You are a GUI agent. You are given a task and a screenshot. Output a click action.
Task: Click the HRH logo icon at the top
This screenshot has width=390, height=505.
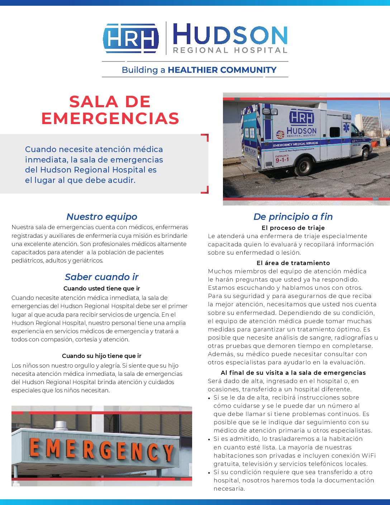point(130,38)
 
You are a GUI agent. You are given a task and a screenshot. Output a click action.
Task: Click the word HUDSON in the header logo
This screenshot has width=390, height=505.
point(230,35)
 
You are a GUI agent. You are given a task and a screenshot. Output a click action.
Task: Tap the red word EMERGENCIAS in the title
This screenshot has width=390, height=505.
point(110,118)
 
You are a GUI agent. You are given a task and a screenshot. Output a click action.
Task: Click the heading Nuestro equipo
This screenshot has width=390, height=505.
point(102,217)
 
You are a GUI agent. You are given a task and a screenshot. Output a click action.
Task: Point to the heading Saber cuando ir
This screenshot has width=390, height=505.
point(102,277)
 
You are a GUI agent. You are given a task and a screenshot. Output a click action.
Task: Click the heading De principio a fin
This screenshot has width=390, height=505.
point(293,217)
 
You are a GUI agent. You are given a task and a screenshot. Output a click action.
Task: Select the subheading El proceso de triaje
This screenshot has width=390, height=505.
point(293,228)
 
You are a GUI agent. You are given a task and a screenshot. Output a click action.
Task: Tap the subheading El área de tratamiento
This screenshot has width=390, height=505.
point(293,263)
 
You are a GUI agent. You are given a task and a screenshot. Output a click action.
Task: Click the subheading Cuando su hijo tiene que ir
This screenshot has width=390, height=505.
point(102,356)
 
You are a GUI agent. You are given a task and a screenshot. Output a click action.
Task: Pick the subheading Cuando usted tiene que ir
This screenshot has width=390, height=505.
point(102,288)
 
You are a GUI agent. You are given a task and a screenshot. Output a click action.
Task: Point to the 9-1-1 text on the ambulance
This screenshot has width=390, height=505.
point(282,160)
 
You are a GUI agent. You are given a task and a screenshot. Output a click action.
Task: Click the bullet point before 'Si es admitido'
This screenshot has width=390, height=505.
point(209,439)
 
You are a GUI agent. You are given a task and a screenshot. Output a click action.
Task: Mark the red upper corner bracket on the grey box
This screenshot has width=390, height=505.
point(205,137)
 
